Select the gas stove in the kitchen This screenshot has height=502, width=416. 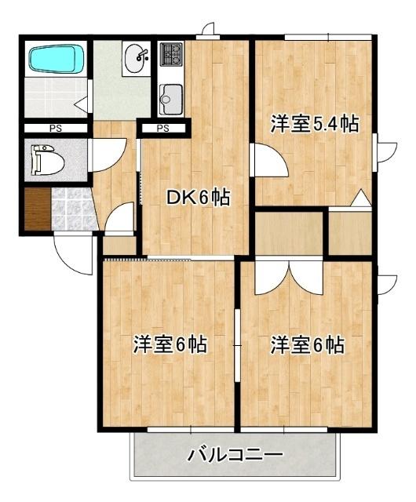[171, 54]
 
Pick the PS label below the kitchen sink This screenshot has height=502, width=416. [163, 128]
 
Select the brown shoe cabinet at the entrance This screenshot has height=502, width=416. [35, 209]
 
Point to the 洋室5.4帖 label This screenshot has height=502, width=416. [314, 124]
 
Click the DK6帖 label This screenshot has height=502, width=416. [198, 198]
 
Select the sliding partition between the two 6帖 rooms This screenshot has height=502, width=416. [238, 345]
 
